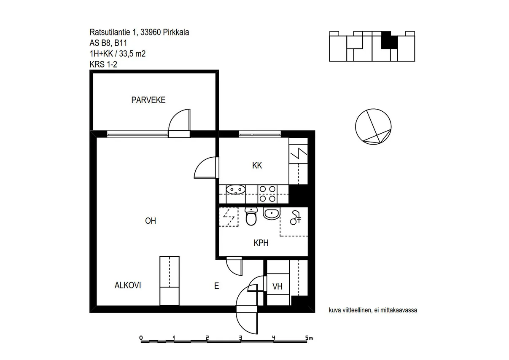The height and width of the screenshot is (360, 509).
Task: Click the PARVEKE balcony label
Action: pyautogui.click(x=148, y=100)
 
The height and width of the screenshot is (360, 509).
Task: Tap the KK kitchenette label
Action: pyautogui.click(x=257, y=165)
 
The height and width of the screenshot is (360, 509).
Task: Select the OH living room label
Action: pyautogui.click(x=151, y=221)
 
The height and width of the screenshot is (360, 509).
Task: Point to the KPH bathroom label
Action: pyautogui.click(x=261, y=243)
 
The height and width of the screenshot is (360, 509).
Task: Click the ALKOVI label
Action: pyautogui.click(x=128, y=285)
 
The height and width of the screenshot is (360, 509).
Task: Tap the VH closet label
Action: pyautogui.click(x=277, y=287)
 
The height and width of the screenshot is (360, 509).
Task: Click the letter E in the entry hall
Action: pyautogui.click(x=217, y=286)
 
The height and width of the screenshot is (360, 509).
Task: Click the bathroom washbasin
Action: pyautogui.click(x=272, y=213)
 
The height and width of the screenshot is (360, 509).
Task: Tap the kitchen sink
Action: pyautogui.click(x=236, y=190)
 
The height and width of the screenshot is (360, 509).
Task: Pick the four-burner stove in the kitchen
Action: pyautogui.click(x=267, y=194)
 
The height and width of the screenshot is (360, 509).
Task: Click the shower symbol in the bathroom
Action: pyautogui.click(x=296, y=218)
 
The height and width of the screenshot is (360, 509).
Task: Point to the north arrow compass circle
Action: pyautogui.click(x=373, y=127)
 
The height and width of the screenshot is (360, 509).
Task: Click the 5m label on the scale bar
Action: pyautogui.click(x=309, y=338)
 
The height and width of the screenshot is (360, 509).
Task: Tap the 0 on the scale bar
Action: pyautogui.click(x=141, y=338)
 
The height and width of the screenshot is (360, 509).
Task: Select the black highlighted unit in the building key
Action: pyautogui.click(x=389, y=40)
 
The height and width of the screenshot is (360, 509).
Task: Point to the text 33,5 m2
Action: pyautogui.click(x=132, y=54)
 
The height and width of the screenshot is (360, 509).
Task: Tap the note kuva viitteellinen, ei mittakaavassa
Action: pyautogui.click(x=373, y=310)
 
